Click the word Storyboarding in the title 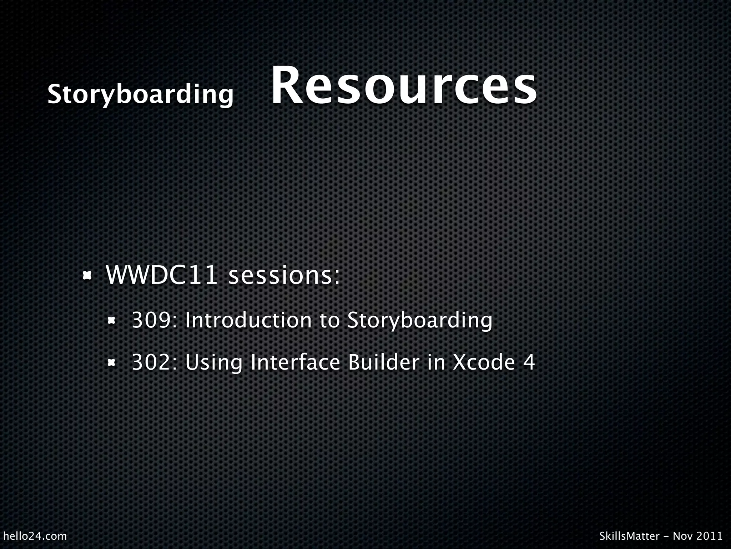[140, 95]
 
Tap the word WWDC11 [162, 275]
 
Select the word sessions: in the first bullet [284, 276]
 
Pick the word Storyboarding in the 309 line [420, 321]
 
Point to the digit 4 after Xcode [529, 362]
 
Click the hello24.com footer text [35, 536]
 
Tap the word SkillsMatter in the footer [629, 536]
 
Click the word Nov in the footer [680, 536]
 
